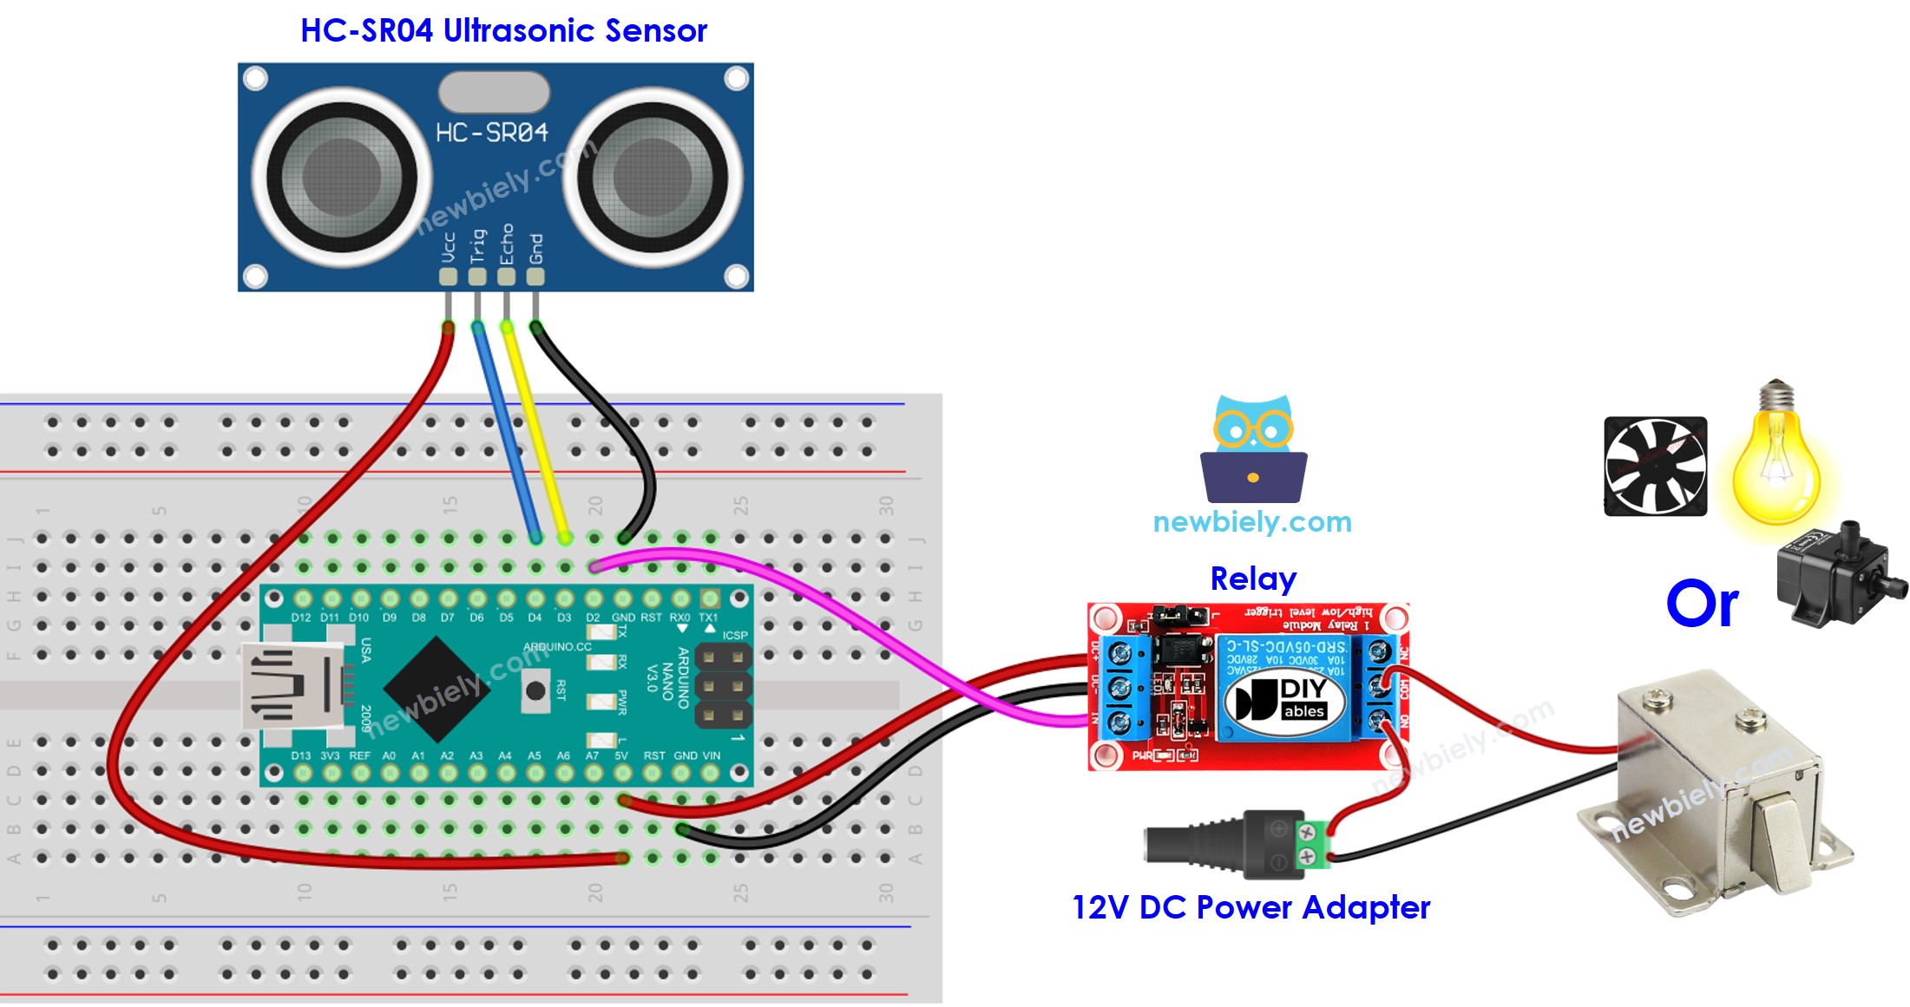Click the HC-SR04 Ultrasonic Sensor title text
[503, 31]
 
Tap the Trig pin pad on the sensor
[477, 277]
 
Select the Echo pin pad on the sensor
[506, 277]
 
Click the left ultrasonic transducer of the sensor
[342, 178]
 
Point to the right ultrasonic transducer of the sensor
[653, 178]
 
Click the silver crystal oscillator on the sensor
[494, 91]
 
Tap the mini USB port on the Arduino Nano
[291, 685]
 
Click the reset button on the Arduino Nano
[535, 690]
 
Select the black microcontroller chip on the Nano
[436, 689]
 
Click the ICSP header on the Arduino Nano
[723, 687]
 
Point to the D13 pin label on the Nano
[300, 755]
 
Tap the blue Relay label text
[1253, 579]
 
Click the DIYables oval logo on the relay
[1283, 699]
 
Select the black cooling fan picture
[1655, 467]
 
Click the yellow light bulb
[1775, 460]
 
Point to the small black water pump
[1835, 574]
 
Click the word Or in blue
[1702, 605]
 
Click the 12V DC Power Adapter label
[1250, 907]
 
